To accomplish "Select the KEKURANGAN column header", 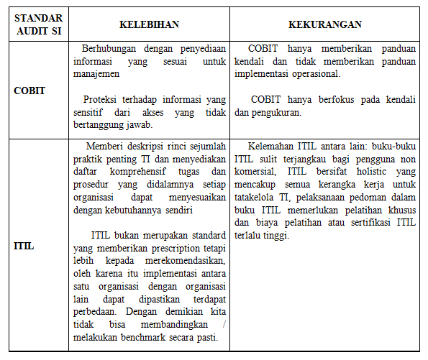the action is pos(325,24).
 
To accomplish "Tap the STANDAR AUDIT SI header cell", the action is pos(38,24).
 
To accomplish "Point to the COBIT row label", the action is pos(29,91).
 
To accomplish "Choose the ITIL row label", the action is pos(24,246).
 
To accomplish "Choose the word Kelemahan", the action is pos(273,147).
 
